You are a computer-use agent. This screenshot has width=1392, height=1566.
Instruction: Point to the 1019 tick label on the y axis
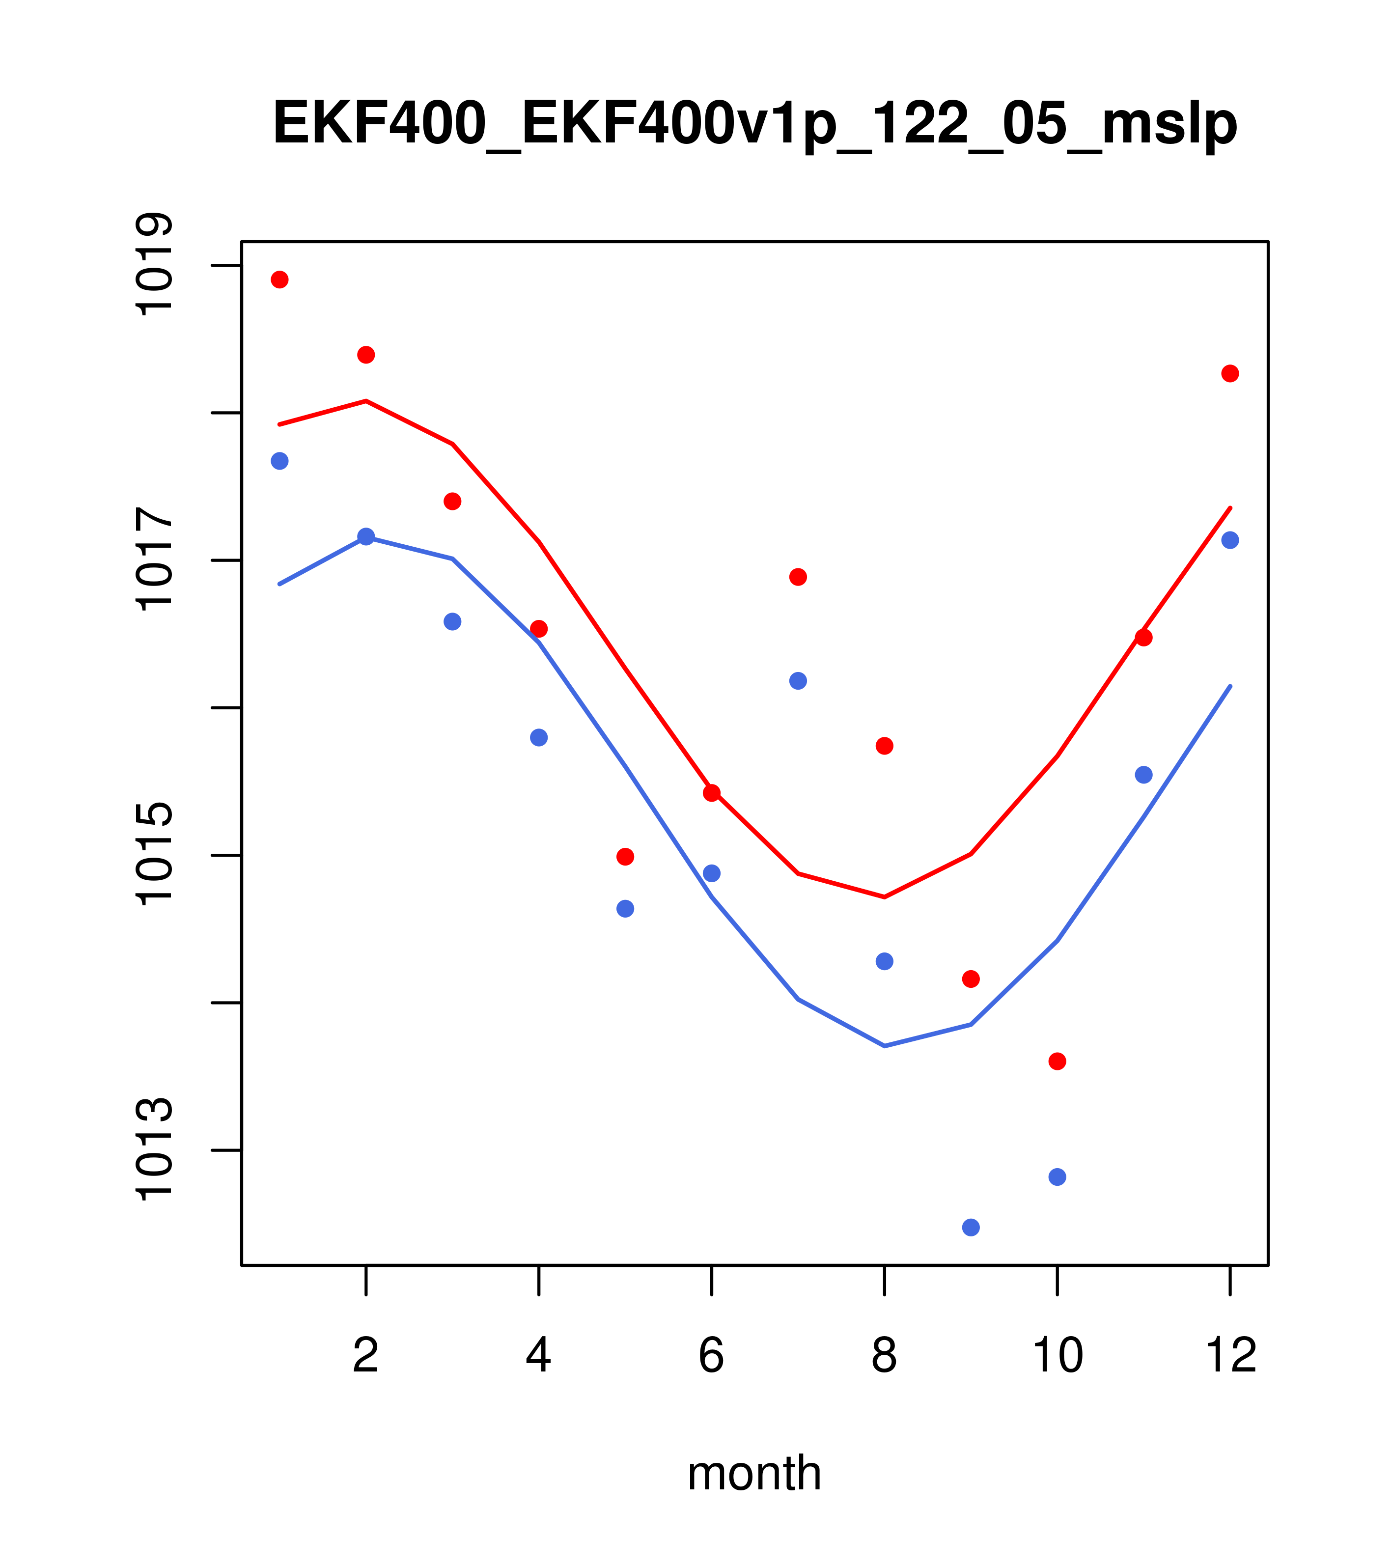[x=153, y=264]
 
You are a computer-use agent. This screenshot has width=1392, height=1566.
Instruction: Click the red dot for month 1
[x=279, y=280]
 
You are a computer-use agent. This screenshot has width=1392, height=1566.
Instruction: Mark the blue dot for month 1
[x=279, y=460]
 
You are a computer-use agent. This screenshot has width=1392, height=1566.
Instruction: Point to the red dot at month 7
[x=798, y=577]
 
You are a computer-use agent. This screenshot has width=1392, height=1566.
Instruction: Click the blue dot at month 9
[x=971, y=1228]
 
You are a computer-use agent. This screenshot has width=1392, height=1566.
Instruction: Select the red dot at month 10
[x=1057, y=1061]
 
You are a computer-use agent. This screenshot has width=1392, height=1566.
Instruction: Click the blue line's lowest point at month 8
[x=884, y=1046]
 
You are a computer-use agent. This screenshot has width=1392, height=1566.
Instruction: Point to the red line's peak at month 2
[x=366, y=401]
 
